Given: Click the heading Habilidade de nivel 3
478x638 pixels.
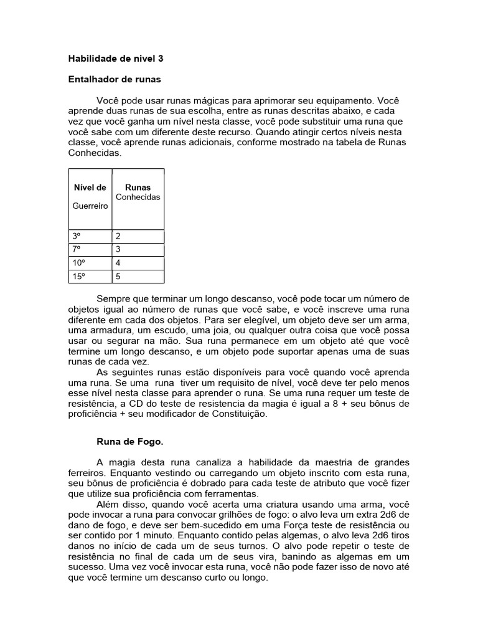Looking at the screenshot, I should point(115,59).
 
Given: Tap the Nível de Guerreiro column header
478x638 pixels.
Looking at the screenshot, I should point(90,196).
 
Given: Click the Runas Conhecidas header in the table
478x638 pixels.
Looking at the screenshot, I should point(138,192).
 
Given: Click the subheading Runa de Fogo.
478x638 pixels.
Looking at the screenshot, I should point(129,442).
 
